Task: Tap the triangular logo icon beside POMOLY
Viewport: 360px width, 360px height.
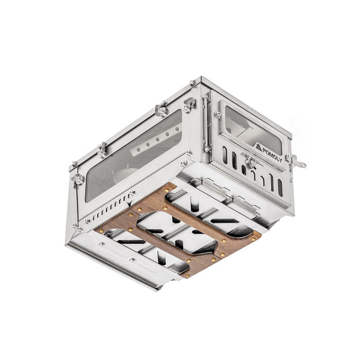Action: tap(258, 146)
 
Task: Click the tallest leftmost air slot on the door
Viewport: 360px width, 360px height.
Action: tap(224, 154)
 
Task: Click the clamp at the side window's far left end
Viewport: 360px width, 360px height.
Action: tap(78, 178)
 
